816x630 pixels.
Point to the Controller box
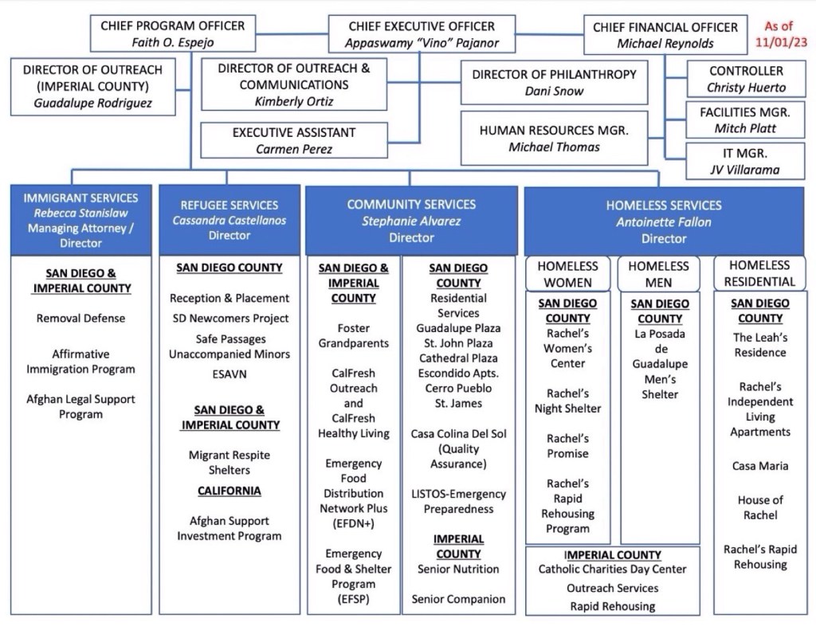pyautogui.click(x=746, y=79)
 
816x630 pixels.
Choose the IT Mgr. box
pyautogui.click(x=746, y=161)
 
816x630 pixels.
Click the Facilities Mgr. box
pyautogui.click(x=746, y=119)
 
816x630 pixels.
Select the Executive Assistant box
pyautogui.click(x=293, y=140)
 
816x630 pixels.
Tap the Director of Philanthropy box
pyautogui.click(x=554, y=82)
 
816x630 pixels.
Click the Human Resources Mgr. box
pyautogui.click(x=554, y=138)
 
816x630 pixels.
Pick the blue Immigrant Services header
pyautogui.click(x=80, y=220)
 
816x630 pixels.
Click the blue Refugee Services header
pyautogui.click(x=229, y=220)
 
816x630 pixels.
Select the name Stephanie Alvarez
pyautogui.click(x=411, y=221)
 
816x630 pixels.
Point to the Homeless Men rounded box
pyautogui.click(x=658, y=273)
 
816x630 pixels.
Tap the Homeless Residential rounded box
pyautogui.click(x=759, y=273)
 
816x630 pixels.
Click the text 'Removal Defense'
pyautogui.click(x=80, y=318)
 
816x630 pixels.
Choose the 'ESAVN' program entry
pyautogui.click(x=229, y=373)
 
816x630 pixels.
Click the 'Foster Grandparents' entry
pyautogui.click(x=353, y=335)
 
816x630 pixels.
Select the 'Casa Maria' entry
pyautogui.click(x=759, y=466)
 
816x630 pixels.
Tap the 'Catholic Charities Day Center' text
pyautogui.click(x=612, y=569)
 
